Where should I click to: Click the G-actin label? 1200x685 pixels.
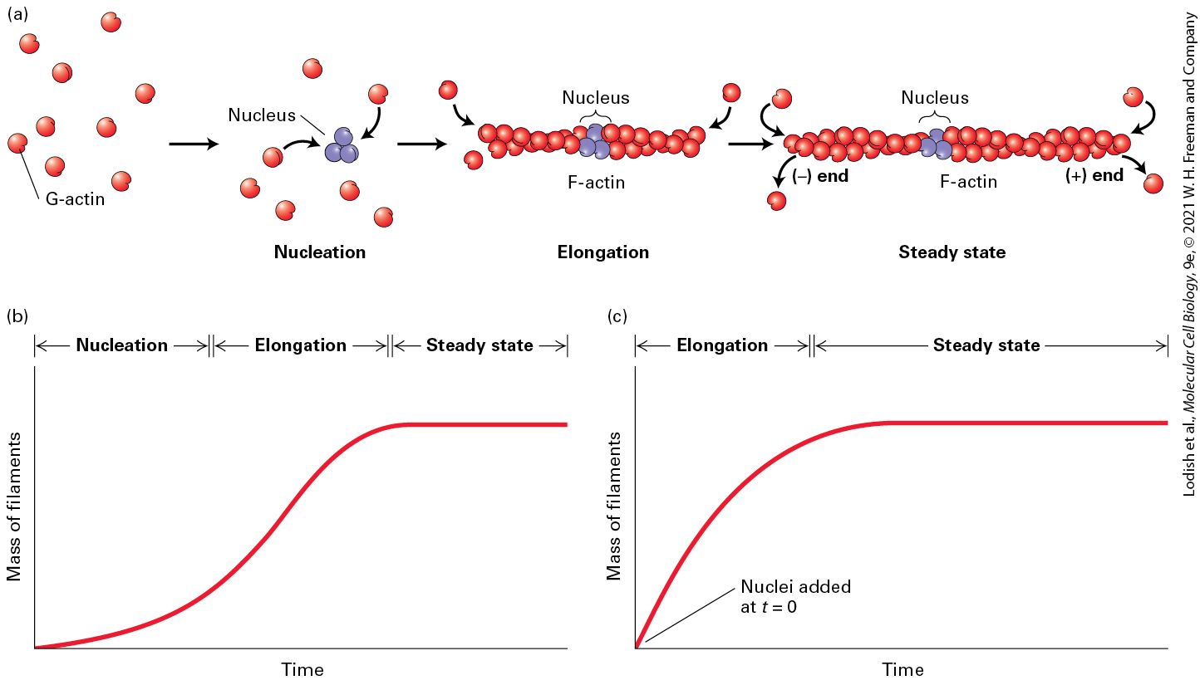coord(75,199)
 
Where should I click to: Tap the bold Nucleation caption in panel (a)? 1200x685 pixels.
coord(320,252)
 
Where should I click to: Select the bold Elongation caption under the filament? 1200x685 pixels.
coord(603,252)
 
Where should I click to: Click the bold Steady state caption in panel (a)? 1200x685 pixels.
coord(952,252)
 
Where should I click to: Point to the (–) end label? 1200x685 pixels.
coord(820,175)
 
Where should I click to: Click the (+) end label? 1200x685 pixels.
coord(1094,175)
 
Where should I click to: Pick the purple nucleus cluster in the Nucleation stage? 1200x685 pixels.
coord(342,145)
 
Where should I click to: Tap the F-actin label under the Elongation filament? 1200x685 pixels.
coord(596,183)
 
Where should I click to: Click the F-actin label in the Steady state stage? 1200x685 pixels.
coord(969,181)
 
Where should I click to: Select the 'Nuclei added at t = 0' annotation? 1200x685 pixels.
coord(795,597)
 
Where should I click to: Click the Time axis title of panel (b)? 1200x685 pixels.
coord(302,669)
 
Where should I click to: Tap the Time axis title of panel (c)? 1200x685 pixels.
coord(903,669)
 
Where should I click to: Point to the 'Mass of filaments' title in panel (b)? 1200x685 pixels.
coord(13,506)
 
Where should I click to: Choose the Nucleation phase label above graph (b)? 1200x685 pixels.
coord(122,345)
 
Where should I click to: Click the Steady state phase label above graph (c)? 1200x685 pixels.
coord(986,345)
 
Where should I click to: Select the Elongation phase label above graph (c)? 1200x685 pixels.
coord(722,345)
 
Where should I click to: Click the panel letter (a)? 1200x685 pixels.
coord(17,14)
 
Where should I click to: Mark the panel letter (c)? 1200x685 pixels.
coord(617,316)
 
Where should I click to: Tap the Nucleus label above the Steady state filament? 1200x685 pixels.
coord(935,97)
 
